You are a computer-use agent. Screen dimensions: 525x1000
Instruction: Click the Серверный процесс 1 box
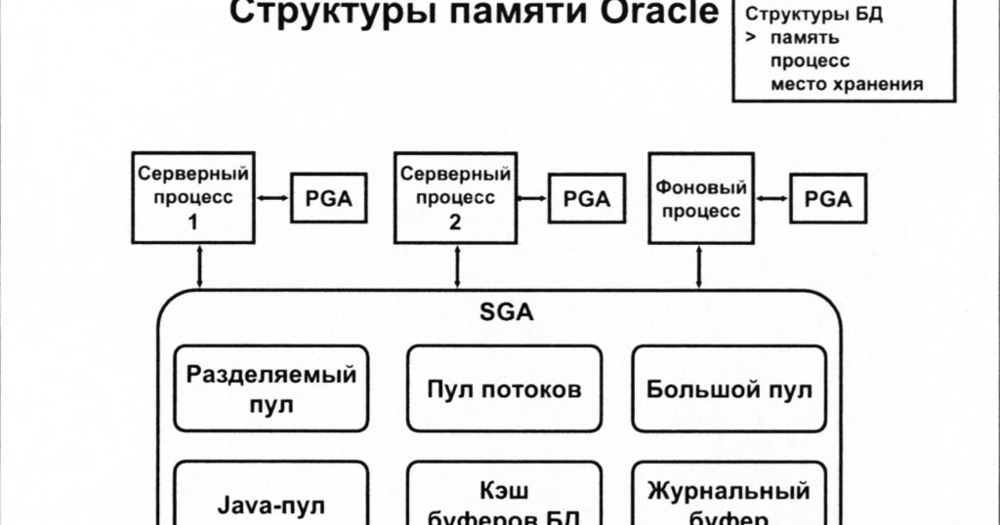(x=192, y=198)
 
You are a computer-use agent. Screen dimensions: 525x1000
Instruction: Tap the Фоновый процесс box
(x=701, y=198)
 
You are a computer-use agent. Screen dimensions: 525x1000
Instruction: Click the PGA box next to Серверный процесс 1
(x=321, y=199)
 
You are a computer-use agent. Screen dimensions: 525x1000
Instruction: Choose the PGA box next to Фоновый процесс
(x=827, y=199)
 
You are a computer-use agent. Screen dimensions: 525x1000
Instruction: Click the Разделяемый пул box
(x=271, y=388)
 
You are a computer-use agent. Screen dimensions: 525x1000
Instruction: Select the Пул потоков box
(x=504, y=388)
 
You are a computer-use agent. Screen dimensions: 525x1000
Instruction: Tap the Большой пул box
(x=729, y=388)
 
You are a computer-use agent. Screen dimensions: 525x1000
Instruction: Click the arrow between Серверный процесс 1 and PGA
(x=272, y=199)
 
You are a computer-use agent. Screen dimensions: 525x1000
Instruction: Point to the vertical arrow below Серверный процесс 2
(x=456, y=266)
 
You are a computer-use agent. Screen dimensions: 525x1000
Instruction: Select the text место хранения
(x=846, y=84)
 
